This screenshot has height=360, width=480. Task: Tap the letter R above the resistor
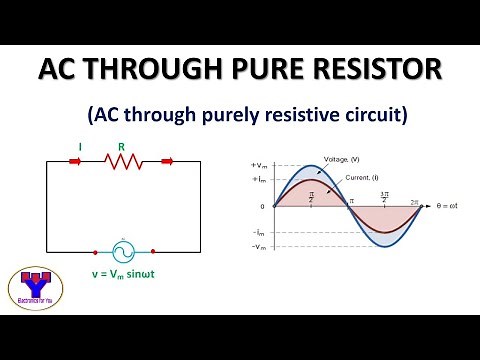[x=122, y=146]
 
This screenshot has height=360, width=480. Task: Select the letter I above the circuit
[x=79, y=146]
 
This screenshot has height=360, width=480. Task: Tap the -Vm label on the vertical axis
[x=257, y=246]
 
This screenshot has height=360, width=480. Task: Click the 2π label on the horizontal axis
[x=414, y=200]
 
